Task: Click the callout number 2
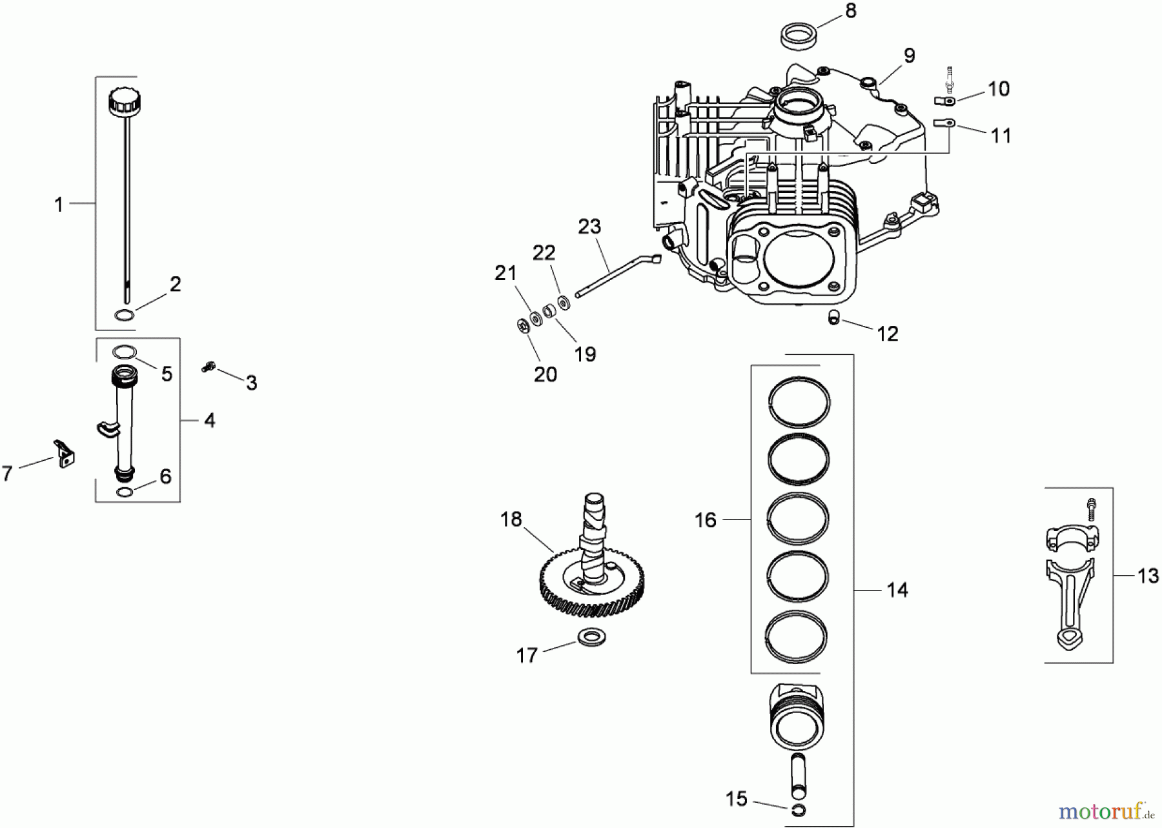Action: pos(175,284)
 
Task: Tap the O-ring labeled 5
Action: pos(125,352)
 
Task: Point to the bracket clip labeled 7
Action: pos(64,453)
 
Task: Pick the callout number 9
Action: pos(909,56)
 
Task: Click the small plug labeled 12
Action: pos(833,317)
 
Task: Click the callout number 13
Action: pos(1148,576)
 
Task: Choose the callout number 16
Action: pos(706,520)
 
